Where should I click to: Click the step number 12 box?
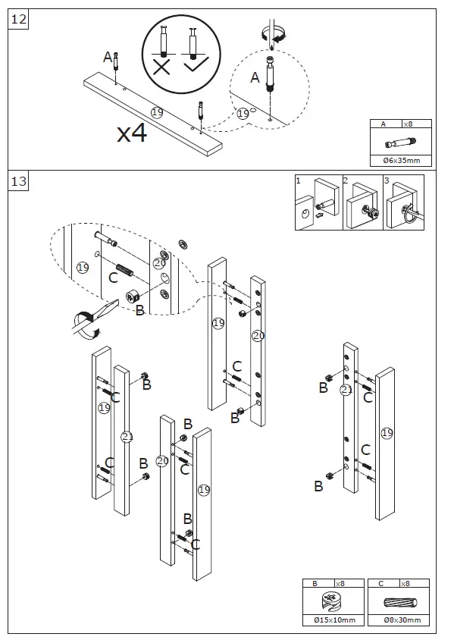[x=18, y=19]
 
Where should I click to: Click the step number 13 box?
[x=18, y=180]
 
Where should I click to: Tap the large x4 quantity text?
[x=132, y=133]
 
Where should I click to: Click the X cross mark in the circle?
[x=161, y=66]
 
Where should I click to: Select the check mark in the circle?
[x=196, y=64]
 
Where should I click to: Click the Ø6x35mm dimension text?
[x=402, y=161]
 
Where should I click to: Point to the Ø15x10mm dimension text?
[x=334, y=620]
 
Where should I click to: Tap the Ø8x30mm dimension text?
[x=402, y=620]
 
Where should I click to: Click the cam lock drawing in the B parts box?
[x=333, y=601]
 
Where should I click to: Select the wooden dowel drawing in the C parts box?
[x=400, y=602]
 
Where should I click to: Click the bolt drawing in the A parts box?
[x=401, y=143]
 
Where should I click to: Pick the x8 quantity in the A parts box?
[x=408, y=124]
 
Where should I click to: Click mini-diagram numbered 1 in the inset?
[x=318, y=202]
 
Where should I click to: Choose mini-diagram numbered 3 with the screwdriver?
[x=403, y=202]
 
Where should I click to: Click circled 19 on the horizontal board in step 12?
[x=157, y=111]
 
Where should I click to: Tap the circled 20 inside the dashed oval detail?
[x=159, y=263]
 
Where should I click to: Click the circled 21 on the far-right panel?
[x=346, y=390]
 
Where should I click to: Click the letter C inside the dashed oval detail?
[x=113, y=278]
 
